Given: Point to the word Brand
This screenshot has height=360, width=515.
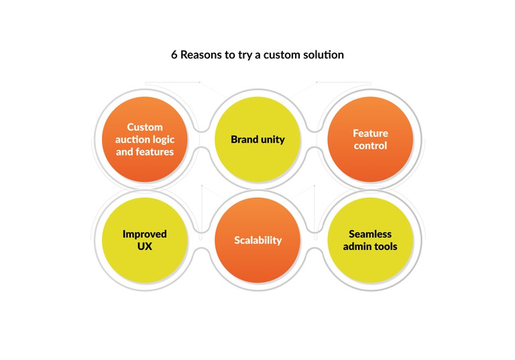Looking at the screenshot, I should coord(244,139).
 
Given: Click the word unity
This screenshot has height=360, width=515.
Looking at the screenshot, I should coord(272,139).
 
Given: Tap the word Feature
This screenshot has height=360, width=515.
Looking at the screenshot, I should coord(370,133).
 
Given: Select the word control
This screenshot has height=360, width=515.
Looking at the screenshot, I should coord(370,145).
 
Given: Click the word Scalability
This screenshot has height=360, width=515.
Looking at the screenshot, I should coord(257,240).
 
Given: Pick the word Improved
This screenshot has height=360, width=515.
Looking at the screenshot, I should coord(145,234).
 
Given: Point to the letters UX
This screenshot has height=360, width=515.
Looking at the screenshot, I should coord(145,246).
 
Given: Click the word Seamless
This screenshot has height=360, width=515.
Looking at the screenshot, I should coord(370,234).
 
